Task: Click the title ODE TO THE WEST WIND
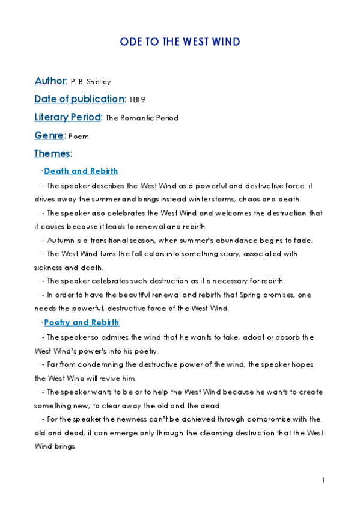tap(180, 41)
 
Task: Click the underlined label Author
tap(50, 81)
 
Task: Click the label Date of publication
tap(79, 99)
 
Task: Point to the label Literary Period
tap(68, 117)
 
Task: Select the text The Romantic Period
tap(142, 118)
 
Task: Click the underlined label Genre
tap(49, 135)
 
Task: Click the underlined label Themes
tap(52, 153)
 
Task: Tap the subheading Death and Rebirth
tap(81, 171)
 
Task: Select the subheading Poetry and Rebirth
tap(82, 323)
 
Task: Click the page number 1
tap(323, 480)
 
